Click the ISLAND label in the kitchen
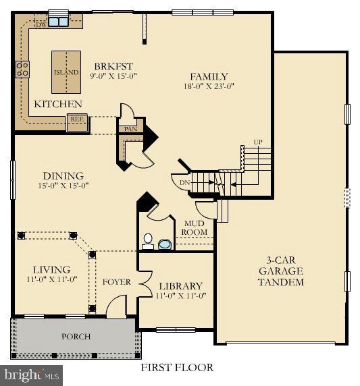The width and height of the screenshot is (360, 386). tap(66, 72)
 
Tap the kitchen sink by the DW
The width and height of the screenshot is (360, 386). tap(58, 22)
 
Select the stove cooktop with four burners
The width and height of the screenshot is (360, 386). tap(22, 70)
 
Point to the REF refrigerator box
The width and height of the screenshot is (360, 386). tap(77, 123)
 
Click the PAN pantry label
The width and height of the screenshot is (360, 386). tap(130, 129)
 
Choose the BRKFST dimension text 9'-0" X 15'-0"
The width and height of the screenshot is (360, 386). tap(113, 76)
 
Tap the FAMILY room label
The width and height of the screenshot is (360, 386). tap(209, 76)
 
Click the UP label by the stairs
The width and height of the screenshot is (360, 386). tap(258, 142)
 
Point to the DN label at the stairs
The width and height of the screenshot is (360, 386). tap(184, 183)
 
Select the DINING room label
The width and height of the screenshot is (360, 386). tap(63, 175)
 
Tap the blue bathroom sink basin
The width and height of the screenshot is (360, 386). tap(165, 244)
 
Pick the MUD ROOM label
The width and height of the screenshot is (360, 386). tap(194, 227)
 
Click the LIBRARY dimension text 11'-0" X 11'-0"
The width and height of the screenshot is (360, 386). tap(181, 296)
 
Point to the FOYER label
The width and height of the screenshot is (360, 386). tap(117, 282)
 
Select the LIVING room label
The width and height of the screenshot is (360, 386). tap(52, 269)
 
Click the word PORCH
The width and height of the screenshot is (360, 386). tap(76, 336)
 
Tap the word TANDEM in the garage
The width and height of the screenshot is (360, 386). tap(281, 282)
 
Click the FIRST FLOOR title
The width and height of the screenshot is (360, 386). tap(177, 368)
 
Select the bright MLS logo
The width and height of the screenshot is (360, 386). tap(31, 376)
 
